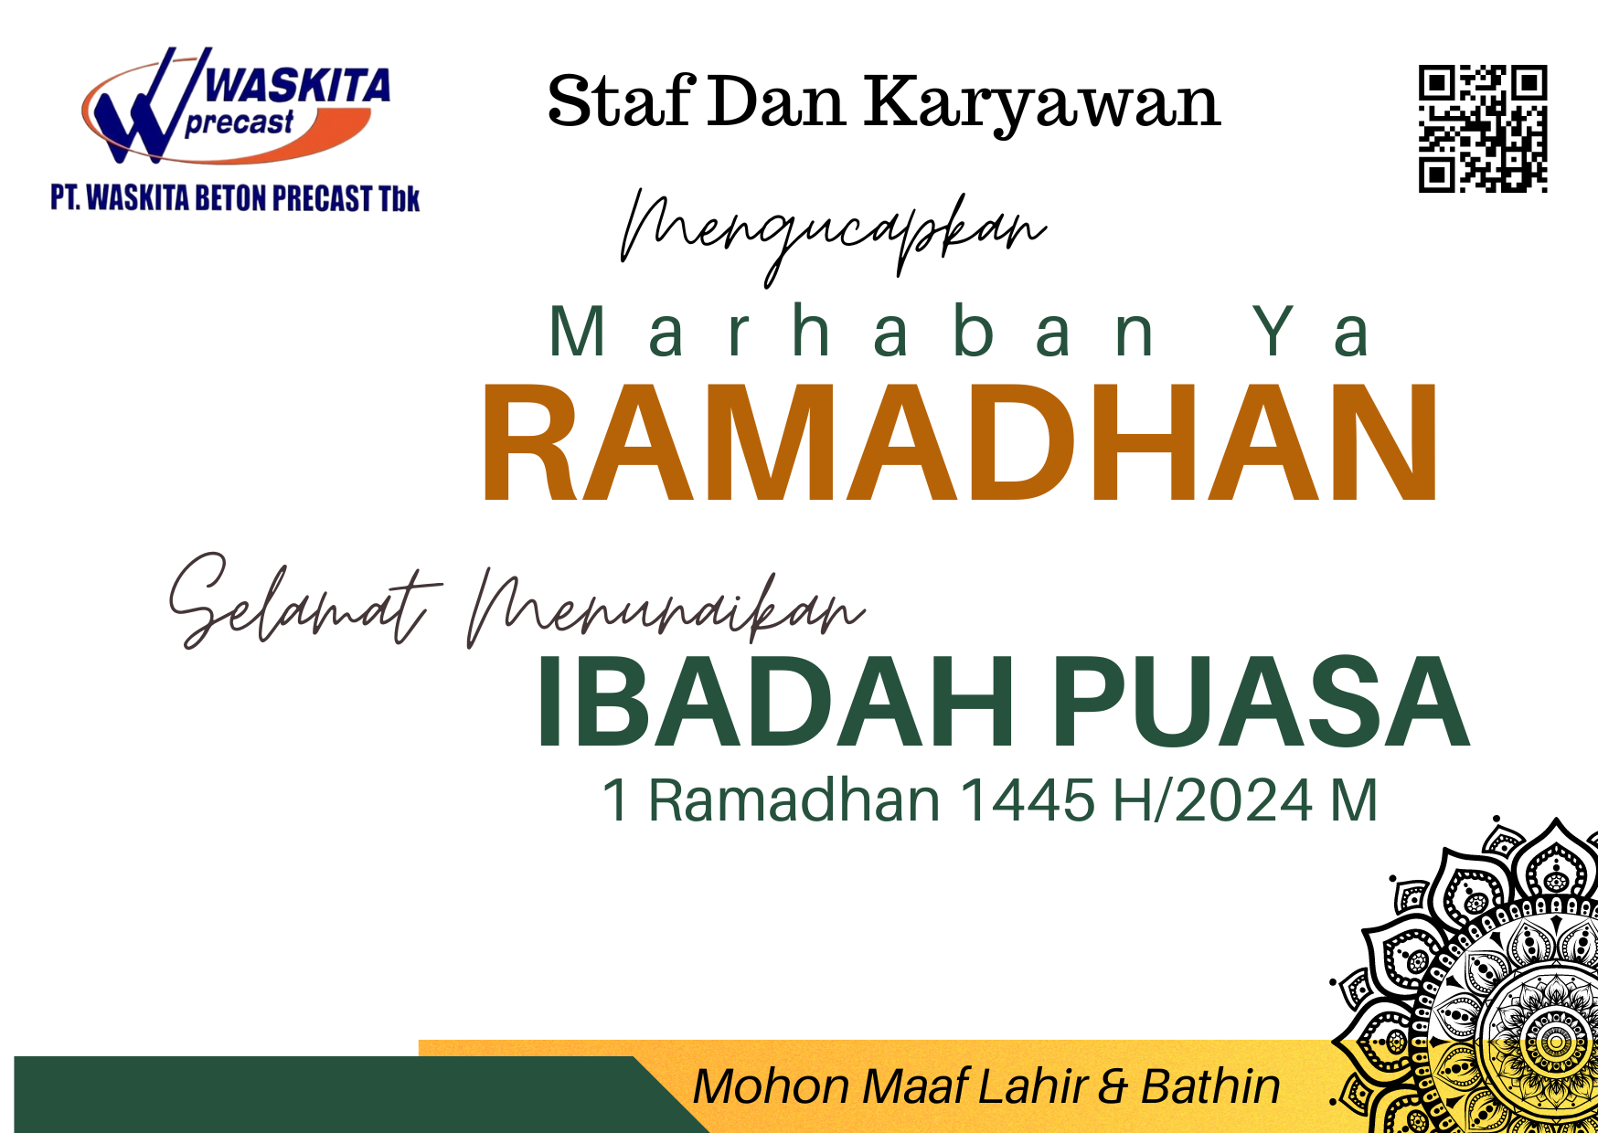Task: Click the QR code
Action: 1483,129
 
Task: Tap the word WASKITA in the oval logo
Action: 298,86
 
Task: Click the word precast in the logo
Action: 240,122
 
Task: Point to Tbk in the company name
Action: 399,198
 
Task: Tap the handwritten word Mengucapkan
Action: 833,234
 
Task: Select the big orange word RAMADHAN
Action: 960,442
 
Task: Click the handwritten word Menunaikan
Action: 666,607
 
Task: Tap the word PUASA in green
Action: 1260,702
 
